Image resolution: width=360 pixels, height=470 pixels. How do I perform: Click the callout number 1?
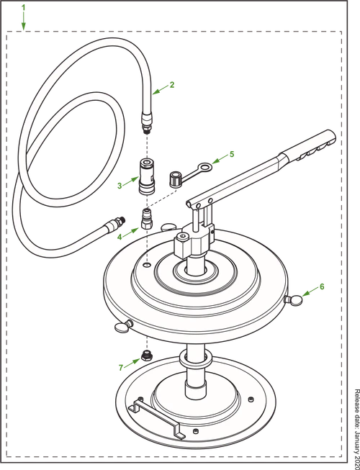pos(23,7)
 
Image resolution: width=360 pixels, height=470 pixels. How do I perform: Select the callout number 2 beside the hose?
pos(172,85)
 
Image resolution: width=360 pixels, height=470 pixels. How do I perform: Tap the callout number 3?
pos(120,186)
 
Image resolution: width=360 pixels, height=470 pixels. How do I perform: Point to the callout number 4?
pos(120,237)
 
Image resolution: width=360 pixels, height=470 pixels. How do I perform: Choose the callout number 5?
pos(232,154)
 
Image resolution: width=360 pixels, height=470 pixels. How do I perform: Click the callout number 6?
pos(322,287)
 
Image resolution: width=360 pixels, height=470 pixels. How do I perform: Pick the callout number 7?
pos(121,368)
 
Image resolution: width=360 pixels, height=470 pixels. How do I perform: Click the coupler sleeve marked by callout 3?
pos(146,176)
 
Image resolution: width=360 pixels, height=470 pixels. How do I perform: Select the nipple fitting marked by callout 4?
pos(146,219)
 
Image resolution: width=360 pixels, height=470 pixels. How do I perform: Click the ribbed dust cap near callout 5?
pos(176,179)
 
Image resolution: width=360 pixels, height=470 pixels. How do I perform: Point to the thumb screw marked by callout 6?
pos(294,299)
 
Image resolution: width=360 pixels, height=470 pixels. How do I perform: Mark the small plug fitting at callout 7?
pos(146,356)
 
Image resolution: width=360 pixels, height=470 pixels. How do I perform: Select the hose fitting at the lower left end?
pos(115,222)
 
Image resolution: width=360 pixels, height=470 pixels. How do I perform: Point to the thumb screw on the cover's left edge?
pos(124,326)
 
